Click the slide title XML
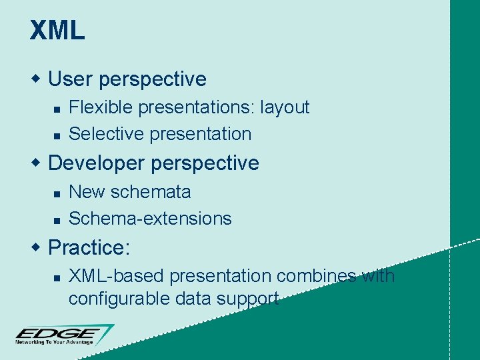(57, 31)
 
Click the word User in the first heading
(71, 79)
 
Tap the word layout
(285, 107)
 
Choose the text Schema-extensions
(150, 219)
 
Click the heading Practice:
(89, 248)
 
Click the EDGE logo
(63, 333)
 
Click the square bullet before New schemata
(57, 193)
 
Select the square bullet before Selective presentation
(57, 135)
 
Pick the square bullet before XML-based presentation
(57, 277)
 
